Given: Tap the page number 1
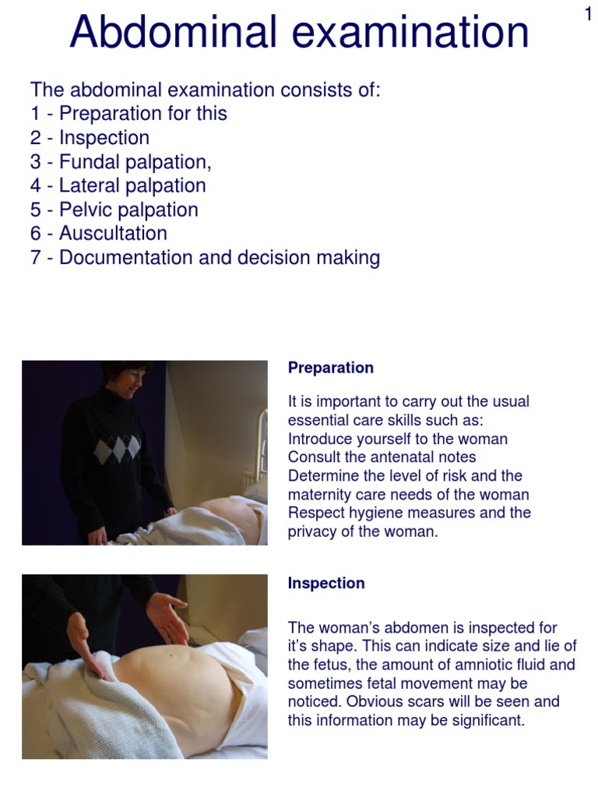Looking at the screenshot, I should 589,13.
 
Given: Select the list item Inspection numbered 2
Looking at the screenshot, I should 104,138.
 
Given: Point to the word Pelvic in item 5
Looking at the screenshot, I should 84,210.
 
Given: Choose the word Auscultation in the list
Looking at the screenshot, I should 113,233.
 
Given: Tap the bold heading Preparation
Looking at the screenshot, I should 331,368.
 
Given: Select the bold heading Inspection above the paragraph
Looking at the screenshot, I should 326,583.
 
